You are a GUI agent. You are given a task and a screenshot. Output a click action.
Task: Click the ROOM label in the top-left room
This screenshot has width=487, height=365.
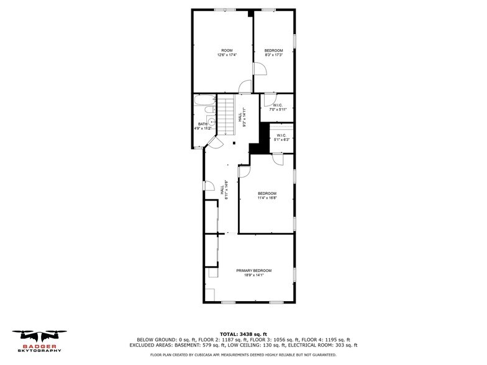227,51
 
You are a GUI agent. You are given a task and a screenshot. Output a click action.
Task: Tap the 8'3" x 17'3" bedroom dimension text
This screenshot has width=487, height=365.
273,55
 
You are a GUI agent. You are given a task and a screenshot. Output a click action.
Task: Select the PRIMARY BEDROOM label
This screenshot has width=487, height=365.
253,271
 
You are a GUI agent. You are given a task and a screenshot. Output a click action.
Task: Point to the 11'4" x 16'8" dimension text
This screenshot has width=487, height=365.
267,197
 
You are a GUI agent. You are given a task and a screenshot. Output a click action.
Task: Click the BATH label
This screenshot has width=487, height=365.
203,124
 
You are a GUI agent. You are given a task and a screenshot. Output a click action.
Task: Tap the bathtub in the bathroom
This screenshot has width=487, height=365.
205,100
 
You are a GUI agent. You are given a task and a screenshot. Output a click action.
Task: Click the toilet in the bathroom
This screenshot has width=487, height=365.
210,110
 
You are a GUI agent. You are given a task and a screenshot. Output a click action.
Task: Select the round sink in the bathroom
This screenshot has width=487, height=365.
211,122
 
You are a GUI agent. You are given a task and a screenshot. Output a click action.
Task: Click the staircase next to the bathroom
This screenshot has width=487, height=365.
226,114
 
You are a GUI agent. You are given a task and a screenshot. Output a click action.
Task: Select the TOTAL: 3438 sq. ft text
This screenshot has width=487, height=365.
243,334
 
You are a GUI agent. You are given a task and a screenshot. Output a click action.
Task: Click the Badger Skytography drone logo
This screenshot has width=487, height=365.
40,341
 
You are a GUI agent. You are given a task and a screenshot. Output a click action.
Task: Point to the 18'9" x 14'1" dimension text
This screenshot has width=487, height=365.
253,275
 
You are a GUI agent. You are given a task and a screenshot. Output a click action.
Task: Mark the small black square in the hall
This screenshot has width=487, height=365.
234,143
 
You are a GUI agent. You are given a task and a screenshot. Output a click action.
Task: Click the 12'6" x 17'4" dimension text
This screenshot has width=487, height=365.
227,55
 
